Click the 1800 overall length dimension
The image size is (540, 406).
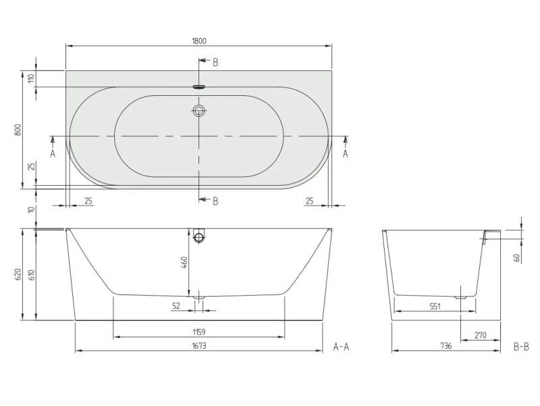199,41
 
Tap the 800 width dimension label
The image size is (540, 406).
18,130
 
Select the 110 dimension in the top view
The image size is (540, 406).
32,78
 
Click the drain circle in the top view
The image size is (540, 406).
198,111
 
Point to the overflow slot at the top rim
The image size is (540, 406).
198,87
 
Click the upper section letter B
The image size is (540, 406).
215,62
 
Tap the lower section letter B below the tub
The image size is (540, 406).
215,201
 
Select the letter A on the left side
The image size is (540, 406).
53,153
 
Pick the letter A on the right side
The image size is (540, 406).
346,153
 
